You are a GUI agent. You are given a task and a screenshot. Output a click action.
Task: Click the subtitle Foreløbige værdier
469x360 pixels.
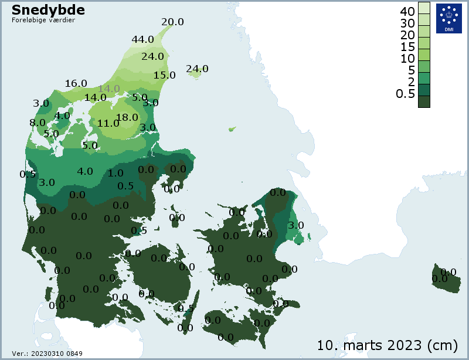pos(43,20)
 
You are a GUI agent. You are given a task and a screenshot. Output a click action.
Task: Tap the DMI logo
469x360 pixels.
pos(448,18)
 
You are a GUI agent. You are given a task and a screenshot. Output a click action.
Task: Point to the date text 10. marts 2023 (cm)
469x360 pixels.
pos(388,344)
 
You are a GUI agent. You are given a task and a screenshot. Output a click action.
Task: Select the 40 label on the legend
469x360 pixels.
pos(407,12)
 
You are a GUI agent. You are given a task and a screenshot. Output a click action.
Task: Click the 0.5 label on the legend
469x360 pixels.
pos(405,94)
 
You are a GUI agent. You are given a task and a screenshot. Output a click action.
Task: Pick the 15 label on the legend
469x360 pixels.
pos(407,47)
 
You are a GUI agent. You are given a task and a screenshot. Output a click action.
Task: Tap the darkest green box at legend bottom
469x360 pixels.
pos(424,101)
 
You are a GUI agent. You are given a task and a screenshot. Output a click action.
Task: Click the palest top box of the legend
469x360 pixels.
pos(424,8)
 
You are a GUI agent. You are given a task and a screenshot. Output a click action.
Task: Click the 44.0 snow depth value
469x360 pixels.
pos(142,40)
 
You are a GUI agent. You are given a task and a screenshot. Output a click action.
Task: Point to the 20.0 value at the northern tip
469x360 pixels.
pos(172,22)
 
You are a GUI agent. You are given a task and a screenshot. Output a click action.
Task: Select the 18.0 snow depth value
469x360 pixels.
pos(127,117)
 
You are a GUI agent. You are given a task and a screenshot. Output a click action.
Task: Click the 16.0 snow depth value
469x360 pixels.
pos(76,84)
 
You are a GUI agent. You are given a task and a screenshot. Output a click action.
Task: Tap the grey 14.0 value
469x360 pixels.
pos(108,89)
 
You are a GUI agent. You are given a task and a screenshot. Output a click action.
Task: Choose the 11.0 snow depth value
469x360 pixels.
pos(108,124)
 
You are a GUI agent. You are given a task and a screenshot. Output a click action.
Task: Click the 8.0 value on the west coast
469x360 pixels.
pos(38,123)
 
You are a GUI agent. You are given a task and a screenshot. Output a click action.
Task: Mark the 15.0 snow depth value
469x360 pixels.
pos(164,75)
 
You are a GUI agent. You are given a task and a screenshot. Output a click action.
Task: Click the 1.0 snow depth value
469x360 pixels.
pos(115,173)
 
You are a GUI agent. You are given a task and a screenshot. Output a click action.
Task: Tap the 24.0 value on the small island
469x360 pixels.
pos(197,69)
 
